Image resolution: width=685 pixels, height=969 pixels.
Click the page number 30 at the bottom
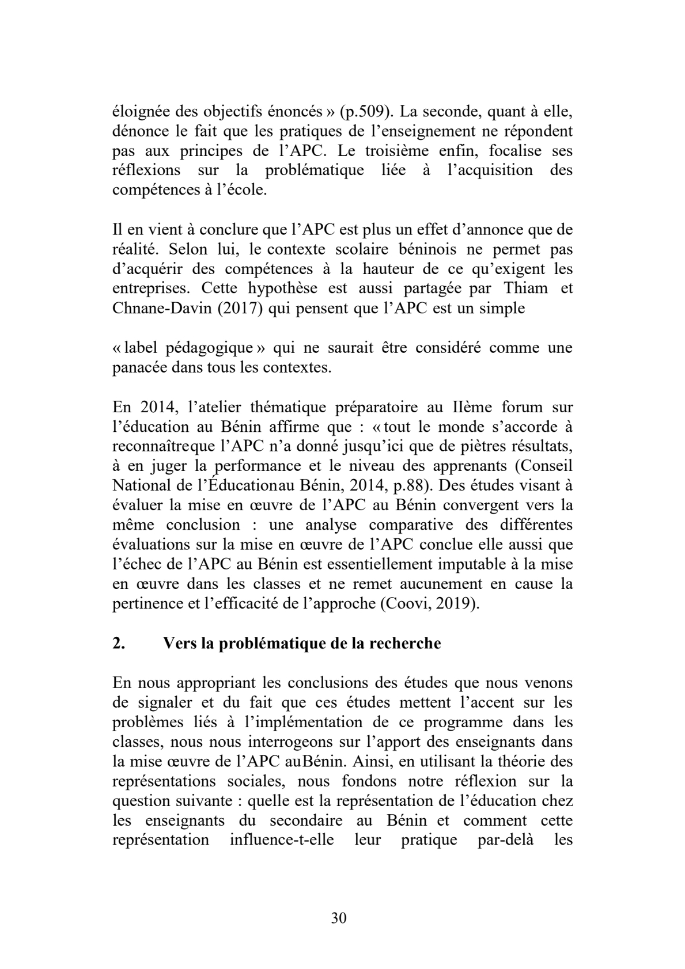tap(339, 918)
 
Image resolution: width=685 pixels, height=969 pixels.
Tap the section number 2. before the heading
tap(119, 643)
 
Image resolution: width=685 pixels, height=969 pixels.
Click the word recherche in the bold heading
tap(408, 643)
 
